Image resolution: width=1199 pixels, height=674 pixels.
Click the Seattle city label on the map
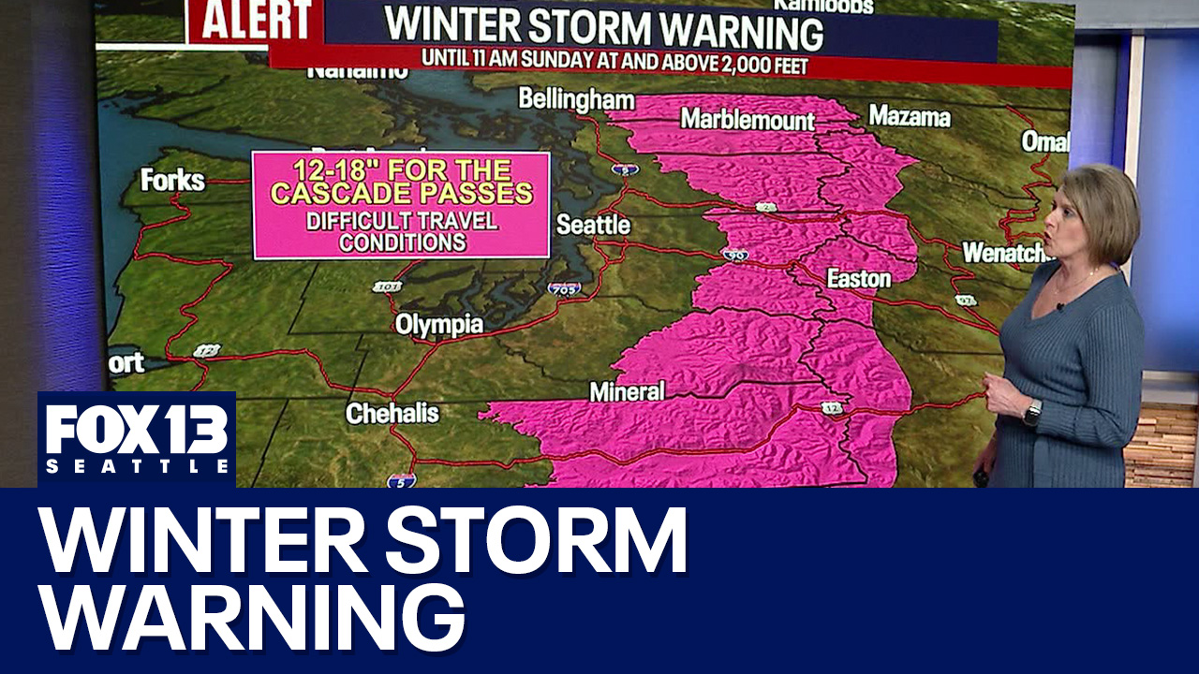(x=593, y=226)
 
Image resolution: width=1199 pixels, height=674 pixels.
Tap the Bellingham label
(x=576, y=99)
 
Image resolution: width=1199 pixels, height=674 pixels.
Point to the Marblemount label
(x=747, y=119)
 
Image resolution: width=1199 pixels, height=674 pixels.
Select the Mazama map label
(x=909, y=116)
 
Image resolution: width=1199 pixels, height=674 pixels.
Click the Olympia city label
(x=438, y=325)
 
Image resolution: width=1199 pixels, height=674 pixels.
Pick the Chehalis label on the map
(x=392, y=413)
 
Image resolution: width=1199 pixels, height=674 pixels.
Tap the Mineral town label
(x=627, y=391)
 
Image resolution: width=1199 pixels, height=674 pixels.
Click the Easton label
(x=858, y=279)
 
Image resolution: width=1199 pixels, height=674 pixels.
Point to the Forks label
(x=172, y=180)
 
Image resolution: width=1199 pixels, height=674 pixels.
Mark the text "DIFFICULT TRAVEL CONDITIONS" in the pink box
(x=402, y=232)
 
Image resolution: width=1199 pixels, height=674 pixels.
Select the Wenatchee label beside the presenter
(x=1003, y=253)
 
